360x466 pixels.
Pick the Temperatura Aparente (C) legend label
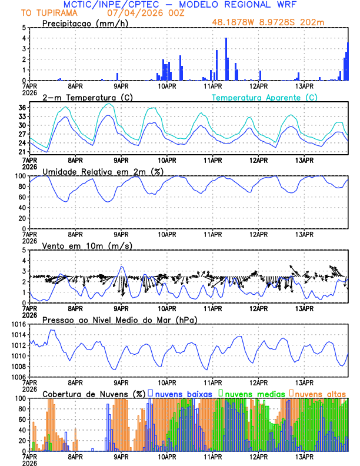click(264, 97)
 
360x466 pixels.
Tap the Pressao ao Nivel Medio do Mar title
click(119, 319)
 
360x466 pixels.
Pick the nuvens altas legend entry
click(319, 393)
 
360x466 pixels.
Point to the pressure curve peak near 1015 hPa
click(52, 330)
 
